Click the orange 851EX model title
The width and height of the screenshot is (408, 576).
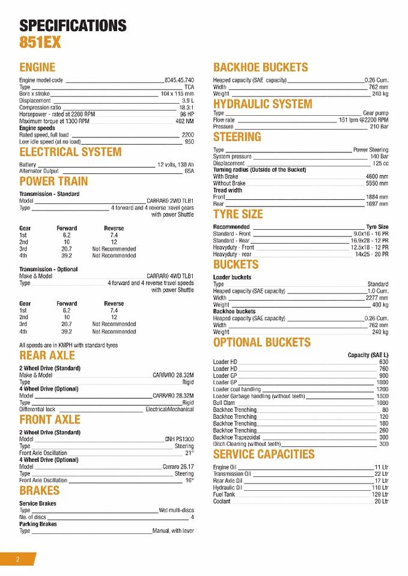pyautogui.click(x=40, y=43)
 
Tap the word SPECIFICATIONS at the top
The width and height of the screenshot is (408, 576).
pyautogui.click(x=73, y=25)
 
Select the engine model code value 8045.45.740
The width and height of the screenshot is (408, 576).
pyautogui.click(x=180, y=80)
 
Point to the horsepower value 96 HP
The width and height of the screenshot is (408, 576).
pyautogui.click(x=187, y=114)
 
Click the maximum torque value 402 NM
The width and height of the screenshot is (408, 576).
pyautogui.click(x=184, y=121)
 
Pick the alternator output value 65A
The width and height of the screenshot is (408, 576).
pyautogui.click(x=189, y=171)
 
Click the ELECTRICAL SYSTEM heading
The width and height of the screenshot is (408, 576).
pyautogui.click(x=70, y=152)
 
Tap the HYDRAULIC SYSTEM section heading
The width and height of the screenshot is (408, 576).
pyautogui.click(x=263, y=104)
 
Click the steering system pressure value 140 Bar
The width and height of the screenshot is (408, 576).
pyautogui.click(x=379, y=157)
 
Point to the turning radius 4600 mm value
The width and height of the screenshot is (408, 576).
pyautogui.click(x=377, y=176)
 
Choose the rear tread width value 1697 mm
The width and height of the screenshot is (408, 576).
pyautogui.click(x=377, y=204)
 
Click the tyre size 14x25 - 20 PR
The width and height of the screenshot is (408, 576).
pyautogui.click(x=371, y=254)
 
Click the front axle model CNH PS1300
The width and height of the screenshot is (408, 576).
pyautogui.click(x=180, y=439)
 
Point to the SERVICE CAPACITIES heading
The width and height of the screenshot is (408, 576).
pyautogui.click(x=264, y=454)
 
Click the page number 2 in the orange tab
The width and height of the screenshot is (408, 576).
pyautogui.click(x=17, y=559)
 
